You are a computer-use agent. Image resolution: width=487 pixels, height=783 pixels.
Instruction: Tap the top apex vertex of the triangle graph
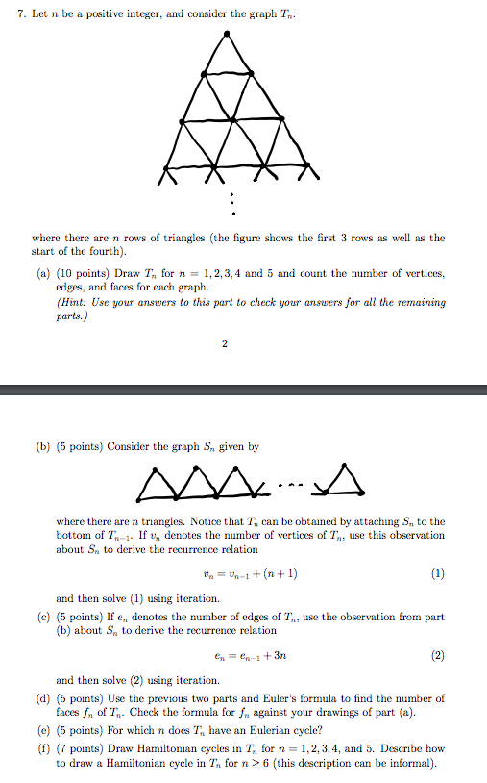pyautogui.click(x=227, y=34)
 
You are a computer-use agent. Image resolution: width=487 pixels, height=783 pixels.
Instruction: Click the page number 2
pyautogui.click(x=225, y=346)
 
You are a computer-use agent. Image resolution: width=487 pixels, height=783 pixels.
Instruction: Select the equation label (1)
pyautogui.click(x=438, y=574)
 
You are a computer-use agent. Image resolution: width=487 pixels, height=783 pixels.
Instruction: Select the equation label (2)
pyautogui.click(x=438, y=656)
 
